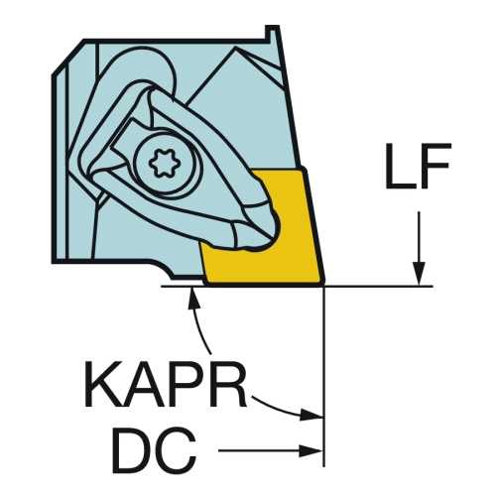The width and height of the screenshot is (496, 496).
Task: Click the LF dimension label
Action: point(419,166)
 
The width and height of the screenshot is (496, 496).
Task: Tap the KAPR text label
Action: point(166,384)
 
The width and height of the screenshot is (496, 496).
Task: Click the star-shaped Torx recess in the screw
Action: point(161,163)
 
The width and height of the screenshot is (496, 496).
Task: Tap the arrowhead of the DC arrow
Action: point(310,450)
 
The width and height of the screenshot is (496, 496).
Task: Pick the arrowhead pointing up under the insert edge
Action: point(193,298)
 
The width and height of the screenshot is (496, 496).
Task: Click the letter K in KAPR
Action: point(103,384)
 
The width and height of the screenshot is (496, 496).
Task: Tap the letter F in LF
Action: point(435,166)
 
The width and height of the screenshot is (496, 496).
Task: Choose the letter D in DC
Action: point(132,450)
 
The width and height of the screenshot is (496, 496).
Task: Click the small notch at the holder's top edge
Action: point(272,33)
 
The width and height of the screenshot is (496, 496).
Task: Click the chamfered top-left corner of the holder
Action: point(67,57)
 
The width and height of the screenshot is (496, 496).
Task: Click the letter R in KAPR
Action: point(229,384)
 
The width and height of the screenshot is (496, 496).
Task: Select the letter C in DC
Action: point(176,450)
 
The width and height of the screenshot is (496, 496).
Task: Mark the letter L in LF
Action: point(400,166)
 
